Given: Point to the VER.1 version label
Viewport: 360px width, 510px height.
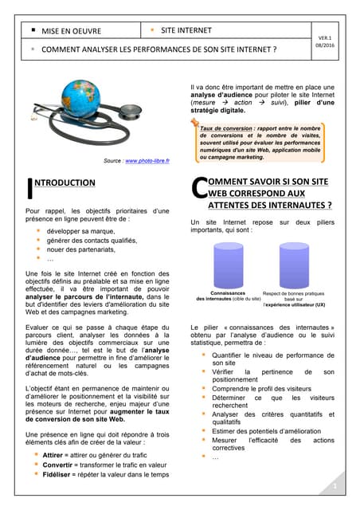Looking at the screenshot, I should click(324, 37).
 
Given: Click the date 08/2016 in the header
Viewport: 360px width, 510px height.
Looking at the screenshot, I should click(324, 46).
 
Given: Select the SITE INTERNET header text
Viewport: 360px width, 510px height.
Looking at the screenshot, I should click(186, 31).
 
